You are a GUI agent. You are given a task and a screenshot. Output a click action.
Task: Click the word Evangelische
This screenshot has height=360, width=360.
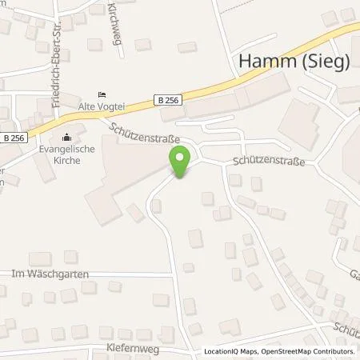66,149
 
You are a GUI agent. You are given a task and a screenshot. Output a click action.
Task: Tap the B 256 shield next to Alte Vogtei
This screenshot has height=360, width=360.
160,99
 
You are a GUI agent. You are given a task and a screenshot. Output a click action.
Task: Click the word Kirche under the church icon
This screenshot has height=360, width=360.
66,159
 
